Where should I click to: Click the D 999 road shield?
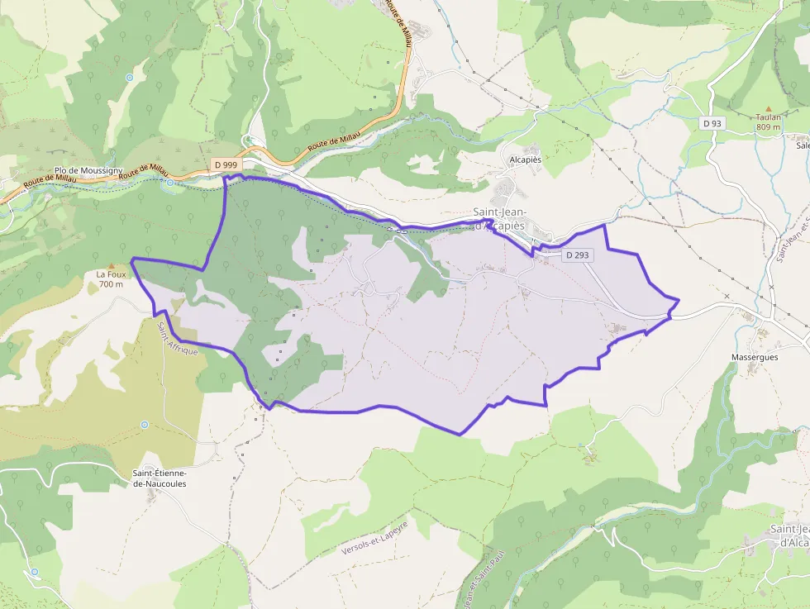[225, 164]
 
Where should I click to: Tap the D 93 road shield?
[712, 123]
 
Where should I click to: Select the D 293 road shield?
[578, 255]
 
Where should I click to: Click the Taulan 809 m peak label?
[768, 122]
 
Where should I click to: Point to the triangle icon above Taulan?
[769, 108]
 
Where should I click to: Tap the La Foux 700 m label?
[110, 279]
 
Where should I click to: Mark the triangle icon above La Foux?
[110, 265]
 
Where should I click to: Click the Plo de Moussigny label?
[88, 170]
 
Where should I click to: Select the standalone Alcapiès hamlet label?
[525, 159]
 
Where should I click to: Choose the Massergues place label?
[755, 358]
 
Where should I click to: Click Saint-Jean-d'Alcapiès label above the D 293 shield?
[499, 218]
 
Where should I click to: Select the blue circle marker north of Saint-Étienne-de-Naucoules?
[145, 425]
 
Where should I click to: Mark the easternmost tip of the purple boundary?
[679, 300]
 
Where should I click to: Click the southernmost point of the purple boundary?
[460, 434]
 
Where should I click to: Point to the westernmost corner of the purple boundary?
[132, 259]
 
